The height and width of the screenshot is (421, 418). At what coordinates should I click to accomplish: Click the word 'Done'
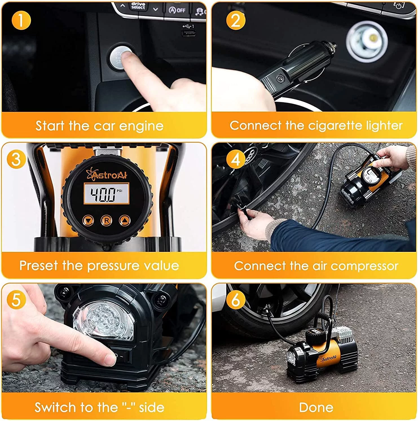(316, 407)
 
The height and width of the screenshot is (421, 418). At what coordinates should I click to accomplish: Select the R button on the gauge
(106, 221)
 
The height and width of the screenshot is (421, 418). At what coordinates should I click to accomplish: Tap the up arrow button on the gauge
(125, 220)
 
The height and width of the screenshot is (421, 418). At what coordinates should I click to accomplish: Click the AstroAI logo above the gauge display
(107, 175)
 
